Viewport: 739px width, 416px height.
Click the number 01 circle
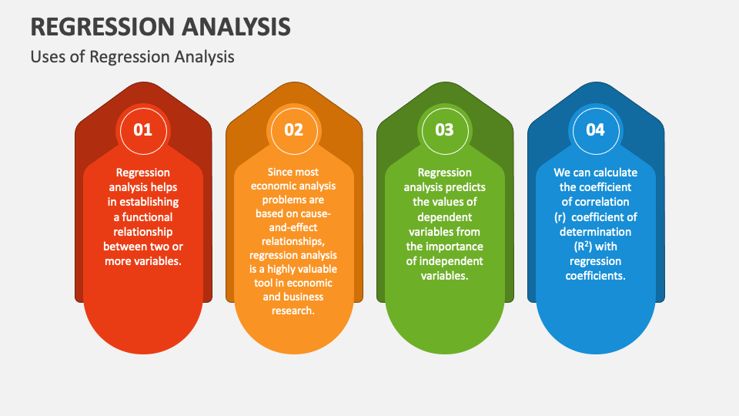[143, 131]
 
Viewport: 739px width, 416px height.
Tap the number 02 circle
[294, 131]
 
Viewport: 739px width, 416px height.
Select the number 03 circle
[445, 131]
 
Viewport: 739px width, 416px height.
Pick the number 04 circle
[596, 131]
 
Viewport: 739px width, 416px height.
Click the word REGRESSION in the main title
[103, 27]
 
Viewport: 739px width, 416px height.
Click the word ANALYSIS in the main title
[236, 27]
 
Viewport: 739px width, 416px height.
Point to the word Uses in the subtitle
[45, 57]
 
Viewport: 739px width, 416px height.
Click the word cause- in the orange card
[314, 213]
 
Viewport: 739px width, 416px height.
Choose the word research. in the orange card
[293, 310]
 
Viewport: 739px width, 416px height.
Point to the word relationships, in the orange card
[293, 241]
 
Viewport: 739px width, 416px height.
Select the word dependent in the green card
[444, 217]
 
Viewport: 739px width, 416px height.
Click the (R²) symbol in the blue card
[583, 247]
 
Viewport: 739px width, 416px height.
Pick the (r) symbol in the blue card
[560, 217]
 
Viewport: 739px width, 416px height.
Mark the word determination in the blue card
[595, 232]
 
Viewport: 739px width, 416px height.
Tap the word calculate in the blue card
[614, 173]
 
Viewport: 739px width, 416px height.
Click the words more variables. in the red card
[143, 261]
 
